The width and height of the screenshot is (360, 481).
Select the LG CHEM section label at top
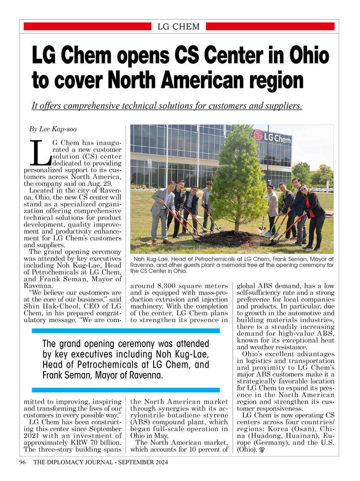(x=179, y=26)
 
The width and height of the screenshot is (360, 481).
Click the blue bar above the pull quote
(x=126, y=331)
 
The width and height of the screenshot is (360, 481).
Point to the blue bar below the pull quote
(x=126, y=390)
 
